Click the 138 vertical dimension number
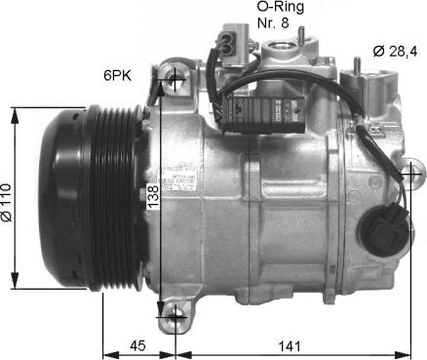[153, 202]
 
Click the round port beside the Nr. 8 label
[285, 48]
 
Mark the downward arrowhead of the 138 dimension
[162, 306]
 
